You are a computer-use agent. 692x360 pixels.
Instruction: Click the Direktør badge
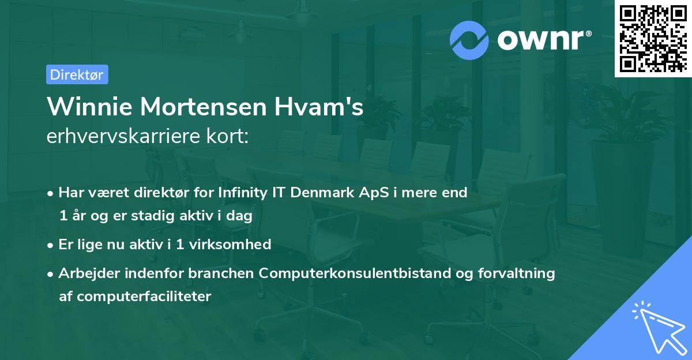(77, 74)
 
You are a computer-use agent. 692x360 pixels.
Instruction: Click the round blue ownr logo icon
(469, 40)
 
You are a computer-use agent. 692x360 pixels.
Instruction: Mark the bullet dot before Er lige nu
(51, 245)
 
